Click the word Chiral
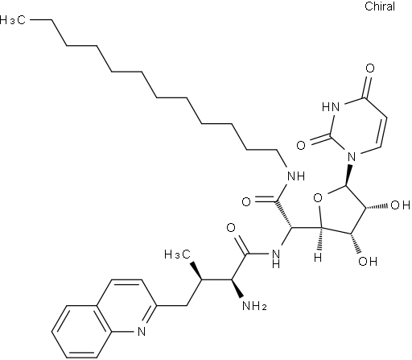[x=380, y=6]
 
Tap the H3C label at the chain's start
[x=13, y=20]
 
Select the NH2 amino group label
[x=254, y=306]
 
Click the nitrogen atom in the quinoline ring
[x=142, y=331]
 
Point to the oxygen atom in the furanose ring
[x=318, y=199]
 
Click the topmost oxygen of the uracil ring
[x=370, y=68]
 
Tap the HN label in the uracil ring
[x=331, y=107]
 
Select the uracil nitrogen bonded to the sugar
[x=352, y=156]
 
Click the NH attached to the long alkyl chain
[x=296, y=176]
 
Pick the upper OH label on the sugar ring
[x=400, y=205]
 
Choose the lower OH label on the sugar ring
[x=368, y=261]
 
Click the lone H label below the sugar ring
[x=318, y=258]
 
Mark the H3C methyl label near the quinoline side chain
[x=178, y=254]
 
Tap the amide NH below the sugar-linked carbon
[x=276, y=258]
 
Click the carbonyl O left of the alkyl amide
[x=246, y=201]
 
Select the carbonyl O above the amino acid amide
[x=231, y=228]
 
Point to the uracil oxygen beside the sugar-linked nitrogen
[x=301, y=146]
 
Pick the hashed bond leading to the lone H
[x=319, y=240]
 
